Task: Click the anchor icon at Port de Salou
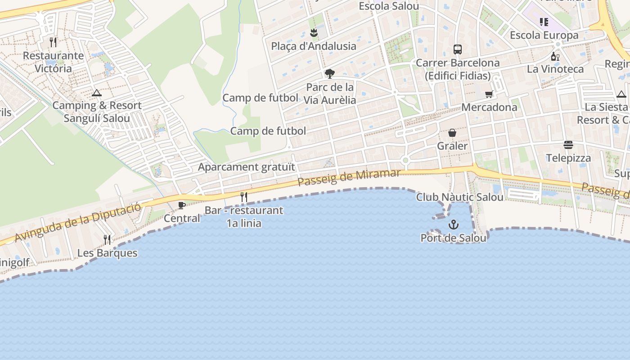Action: [454, 225]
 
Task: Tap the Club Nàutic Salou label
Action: [459, 197]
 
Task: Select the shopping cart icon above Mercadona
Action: [489, 94]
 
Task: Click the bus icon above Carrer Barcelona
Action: [458, 49]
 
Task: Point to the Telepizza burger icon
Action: [568, 145]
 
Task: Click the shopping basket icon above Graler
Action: [452, 133]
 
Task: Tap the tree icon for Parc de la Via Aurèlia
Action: [330, 74]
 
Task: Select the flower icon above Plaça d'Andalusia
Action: [314, 33]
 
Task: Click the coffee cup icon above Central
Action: [182, 206]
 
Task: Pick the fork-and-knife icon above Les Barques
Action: [107, 239]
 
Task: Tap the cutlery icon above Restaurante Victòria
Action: [54, 42]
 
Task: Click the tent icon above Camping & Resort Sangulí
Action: [96, 93]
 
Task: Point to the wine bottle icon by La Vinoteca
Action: [555, 56]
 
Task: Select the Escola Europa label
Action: [544, 35]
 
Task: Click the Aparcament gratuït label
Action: [247, 167]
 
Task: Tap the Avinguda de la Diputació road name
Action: [77, 222]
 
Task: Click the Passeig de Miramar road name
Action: [349, 178]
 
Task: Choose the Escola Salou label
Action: [389, 6]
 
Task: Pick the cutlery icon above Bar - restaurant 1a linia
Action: [244, 197]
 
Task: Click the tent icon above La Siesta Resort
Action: [621, 94]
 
